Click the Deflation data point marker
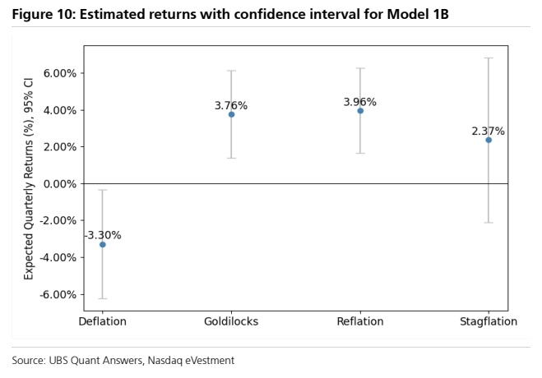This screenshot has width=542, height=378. click(x=102, y=244)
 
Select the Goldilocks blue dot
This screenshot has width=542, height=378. click(x=231, y=114)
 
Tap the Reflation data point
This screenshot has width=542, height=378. click(x=360, y=111)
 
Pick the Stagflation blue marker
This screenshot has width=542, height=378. click(x=489, y=140)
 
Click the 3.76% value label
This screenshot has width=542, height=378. click(x=231, y=105)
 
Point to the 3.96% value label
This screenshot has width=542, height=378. click(x=360, y=102)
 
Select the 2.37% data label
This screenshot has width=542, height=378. click(x=488, y=131)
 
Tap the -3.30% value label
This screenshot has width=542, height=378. click(x=103, y=235)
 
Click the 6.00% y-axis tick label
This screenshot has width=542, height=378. click(x=60, y=73)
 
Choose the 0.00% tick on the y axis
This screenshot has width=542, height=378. click(x=60, y=183)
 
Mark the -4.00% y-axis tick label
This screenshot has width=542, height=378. click(x=58, y=257)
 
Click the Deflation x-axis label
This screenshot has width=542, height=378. click(x=102, y=321)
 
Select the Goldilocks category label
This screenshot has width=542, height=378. click(x=231, y=321)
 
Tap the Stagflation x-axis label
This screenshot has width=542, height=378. click(x=489, y=321)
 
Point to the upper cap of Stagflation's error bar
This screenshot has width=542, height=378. click(x=489, y=58)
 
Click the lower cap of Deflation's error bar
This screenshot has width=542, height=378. click(x=103, y=298)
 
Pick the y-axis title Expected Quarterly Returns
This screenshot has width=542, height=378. click(x=29, y=179)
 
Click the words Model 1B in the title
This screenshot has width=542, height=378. click(x=418, y=14)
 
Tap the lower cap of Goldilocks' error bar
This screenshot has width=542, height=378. click(x=231, y=158)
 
